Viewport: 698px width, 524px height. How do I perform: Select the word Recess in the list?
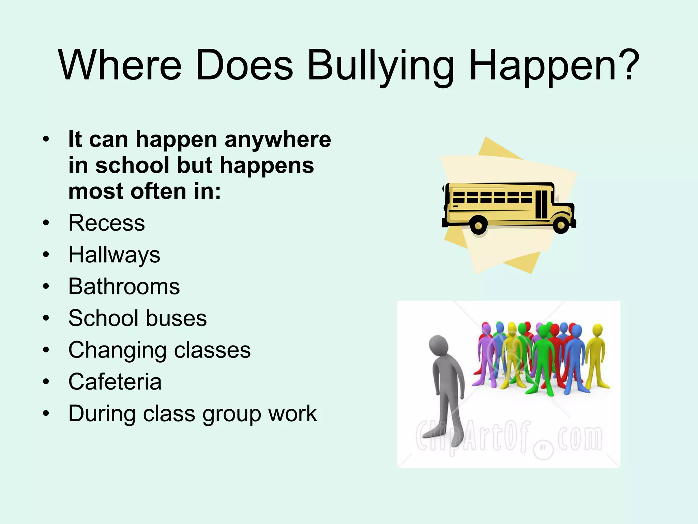[x=107, y=223]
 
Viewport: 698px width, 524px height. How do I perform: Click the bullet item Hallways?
[x=114, y=255]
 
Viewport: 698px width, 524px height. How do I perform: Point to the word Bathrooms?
[x=124, y=287]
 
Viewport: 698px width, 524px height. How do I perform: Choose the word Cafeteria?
[x=115, y=382]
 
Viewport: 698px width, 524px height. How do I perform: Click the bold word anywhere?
[x=278, y=140]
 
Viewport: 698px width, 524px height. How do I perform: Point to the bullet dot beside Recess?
[x=46, y=223]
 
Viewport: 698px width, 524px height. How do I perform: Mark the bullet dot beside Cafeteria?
[x=46, y=382]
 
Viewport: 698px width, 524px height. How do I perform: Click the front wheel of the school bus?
[x=561, y=225]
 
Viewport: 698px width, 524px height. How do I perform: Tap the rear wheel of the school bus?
[x=479, y=225]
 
